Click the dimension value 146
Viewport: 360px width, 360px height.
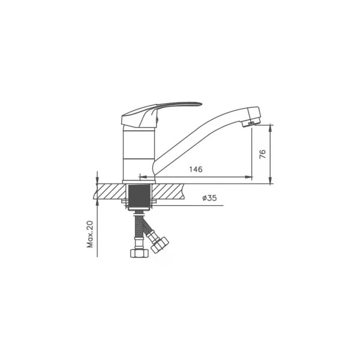tap(196, 169)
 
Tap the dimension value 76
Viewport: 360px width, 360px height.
tap(262, 154)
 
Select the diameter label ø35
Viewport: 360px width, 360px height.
tap(209, 197)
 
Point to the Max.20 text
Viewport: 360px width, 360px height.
tap(90, 234)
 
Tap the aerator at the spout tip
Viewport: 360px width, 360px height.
tap(250, 123)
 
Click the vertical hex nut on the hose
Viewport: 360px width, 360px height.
tap(139, 253)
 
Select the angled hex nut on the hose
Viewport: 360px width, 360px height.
tap(160, 245)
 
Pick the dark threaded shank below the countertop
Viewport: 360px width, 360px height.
tap(139, 196)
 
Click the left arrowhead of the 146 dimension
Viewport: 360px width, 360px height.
tap(143, 177)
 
